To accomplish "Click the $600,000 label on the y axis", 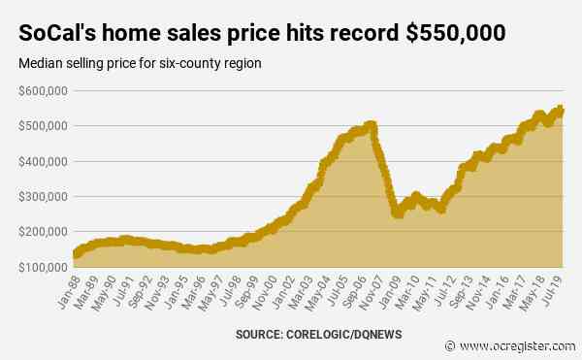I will pos(41,91).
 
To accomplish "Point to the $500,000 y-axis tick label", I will pos(41,126).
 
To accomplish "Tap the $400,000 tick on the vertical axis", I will pos(41,161).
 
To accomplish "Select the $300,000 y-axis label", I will pos(41,196).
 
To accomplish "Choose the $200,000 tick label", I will pos(41,231).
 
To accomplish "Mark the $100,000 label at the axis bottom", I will pos(41,266).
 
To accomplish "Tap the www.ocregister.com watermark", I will pos(519,344).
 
